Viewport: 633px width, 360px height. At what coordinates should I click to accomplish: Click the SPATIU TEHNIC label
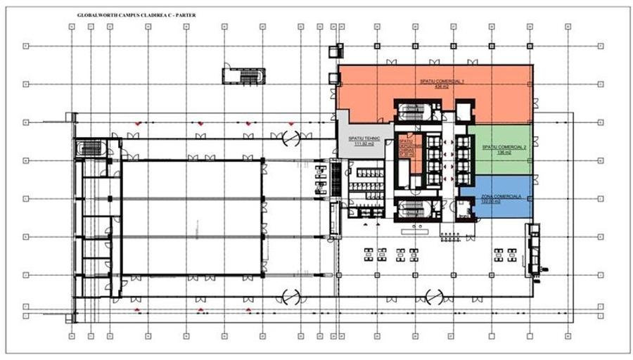[364, 139]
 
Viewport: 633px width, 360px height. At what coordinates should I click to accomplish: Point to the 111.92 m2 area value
[364, 143]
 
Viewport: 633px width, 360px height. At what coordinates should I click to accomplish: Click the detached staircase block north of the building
[243, 75]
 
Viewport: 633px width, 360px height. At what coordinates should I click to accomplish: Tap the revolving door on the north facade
[290, 139]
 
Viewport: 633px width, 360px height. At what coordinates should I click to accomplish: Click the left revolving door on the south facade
[290, 295]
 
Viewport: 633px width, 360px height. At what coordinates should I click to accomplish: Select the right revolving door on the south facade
[433, 295]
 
